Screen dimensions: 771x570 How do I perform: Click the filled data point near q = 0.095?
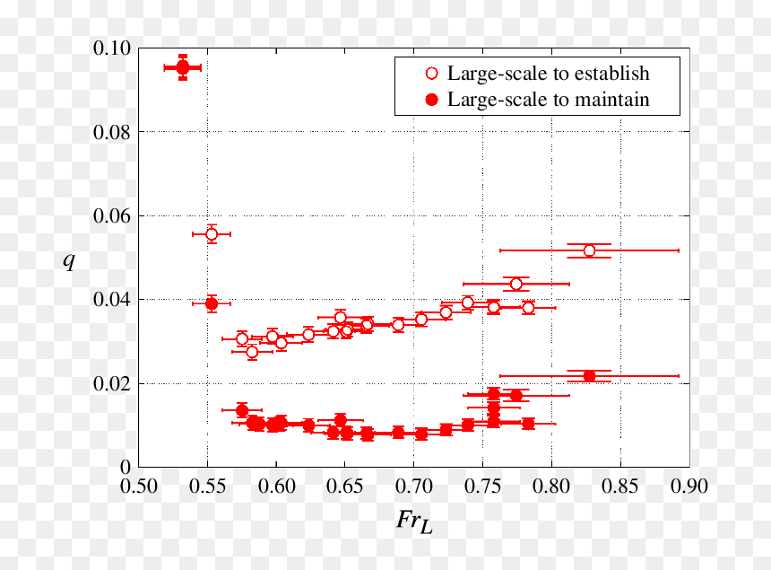coord(183,67)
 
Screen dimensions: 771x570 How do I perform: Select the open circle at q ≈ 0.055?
coord(212,234)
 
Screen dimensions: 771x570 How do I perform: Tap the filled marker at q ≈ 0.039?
coord(212,303)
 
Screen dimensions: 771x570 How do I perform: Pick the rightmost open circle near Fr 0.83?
coord(589,251)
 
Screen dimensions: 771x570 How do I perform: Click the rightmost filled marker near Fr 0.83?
coord(589,376)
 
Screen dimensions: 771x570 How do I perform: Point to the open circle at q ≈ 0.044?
coord(515,284)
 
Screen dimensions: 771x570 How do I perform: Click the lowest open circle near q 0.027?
coord(252,352)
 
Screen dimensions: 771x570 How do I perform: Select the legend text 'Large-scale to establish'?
coord(549,74)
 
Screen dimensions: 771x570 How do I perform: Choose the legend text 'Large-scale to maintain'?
coord(549,100)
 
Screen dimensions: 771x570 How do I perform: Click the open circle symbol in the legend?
coord(431,74)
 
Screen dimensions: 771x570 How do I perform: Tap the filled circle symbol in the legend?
coord(431,100)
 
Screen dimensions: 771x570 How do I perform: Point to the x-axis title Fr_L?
coord(414,522)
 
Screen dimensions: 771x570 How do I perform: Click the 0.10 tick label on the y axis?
coord(112,48)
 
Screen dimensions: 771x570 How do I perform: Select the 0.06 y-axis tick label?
coord(112,216)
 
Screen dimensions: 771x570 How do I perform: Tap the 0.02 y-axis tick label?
coord(112,384)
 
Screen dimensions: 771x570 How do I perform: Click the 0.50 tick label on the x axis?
coord(139,487)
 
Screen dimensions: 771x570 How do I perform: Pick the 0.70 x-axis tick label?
coord(414,487)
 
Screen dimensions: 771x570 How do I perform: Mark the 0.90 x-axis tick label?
coord(689,487)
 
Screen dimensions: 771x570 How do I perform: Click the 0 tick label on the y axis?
coord(126,467)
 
